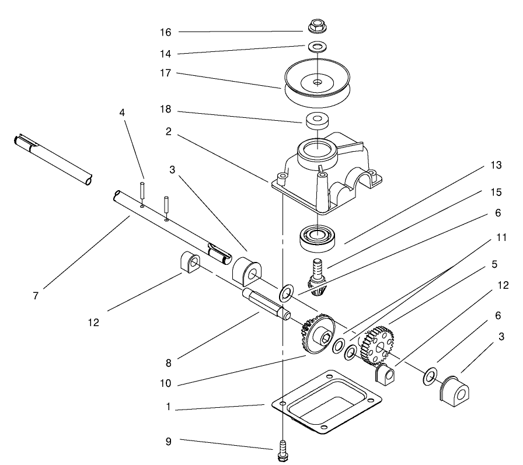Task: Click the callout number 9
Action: (168, 442)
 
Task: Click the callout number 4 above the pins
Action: (122, 112)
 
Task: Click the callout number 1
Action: (168, 408)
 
